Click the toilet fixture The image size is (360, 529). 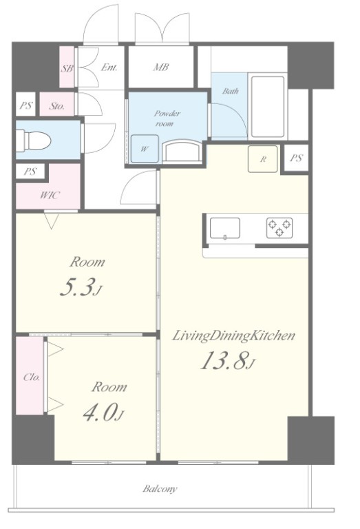tap(34, 140)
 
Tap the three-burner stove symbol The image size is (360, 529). tap(279, 228)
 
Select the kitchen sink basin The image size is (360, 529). tap(225, 229)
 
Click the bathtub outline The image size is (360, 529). tap(268, 107)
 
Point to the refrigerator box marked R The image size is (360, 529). tap(263, 159)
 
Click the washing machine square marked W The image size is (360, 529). tap(145, 148)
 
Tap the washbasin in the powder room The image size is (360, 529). tap(182, 152)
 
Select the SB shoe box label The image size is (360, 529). tap(67, 68)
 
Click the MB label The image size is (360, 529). tap(161, 67)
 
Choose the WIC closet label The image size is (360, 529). tap(50, 195)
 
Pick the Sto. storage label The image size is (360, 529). tap(57, 106)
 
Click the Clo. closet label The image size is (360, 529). tap(32, 377)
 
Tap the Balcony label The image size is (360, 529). tap(160, 488)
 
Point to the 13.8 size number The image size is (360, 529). tap(225, 360)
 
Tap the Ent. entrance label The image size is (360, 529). tap(109, 67)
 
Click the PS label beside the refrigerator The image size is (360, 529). tap(296, 158)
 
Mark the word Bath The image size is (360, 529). tap(231, 91)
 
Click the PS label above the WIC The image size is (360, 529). tap(30, 172)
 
